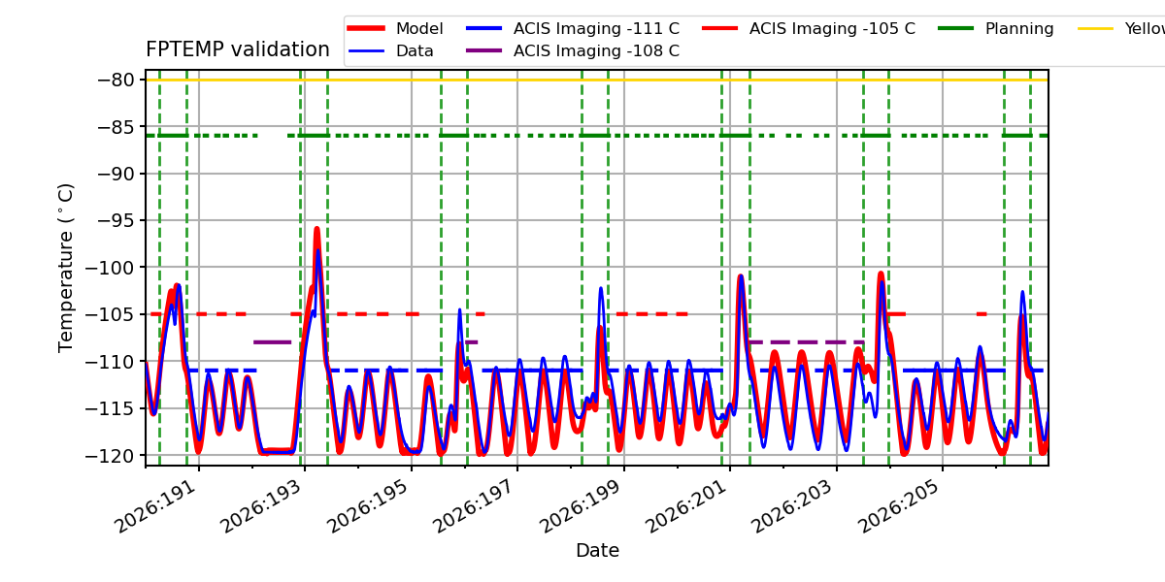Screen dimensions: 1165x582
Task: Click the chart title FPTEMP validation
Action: pos(238,49)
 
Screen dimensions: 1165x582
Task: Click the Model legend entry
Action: pos(395,28)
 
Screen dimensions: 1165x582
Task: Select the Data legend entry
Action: pos(391,50)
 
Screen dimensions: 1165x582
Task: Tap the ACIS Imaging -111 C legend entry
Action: pos(573,28)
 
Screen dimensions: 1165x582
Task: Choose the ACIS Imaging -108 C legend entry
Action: pos(573,50)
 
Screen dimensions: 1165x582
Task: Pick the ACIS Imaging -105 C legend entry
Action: pos(809,28)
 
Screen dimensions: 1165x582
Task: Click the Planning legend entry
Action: pos(996,28)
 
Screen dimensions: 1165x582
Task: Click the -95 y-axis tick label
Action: pos(116,221)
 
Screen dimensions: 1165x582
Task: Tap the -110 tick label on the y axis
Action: pos(111,362)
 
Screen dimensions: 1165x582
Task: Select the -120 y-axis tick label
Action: pos(111,456)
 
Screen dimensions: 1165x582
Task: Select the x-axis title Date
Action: pos(597,551)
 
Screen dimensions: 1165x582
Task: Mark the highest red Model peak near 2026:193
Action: pos(316,230)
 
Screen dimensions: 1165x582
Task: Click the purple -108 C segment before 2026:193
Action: pos(272,342)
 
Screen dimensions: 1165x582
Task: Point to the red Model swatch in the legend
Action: pos(366,28)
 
